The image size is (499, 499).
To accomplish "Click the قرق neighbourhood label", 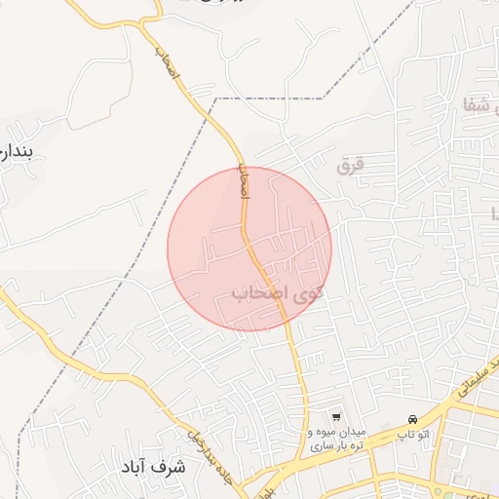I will coord(349,166).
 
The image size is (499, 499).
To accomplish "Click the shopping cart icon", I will coord(337,415).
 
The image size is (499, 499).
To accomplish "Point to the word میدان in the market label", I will coord(350,431).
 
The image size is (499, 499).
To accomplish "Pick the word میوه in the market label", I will coord(322,431).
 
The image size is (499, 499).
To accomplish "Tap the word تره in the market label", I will coord(358,444).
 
